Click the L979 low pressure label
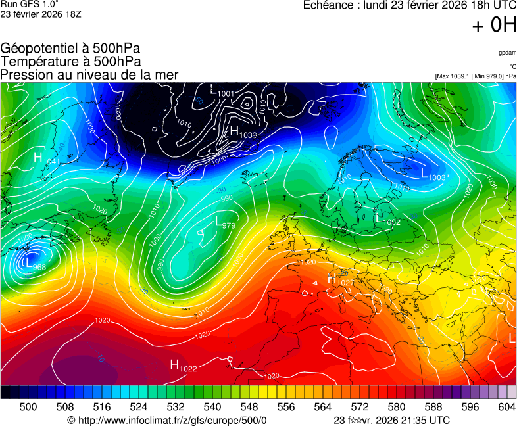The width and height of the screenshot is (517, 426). tap(224, 223)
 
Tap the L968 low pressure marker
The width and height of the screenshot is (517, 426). tap(34, 264)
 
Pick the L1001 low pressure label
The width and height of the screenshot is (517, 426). tap(222, 92)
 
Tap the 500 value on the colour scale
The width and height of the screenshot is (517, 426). tap(28, 407)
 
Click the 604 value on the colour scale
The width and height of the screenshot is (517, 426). tap(506, 407)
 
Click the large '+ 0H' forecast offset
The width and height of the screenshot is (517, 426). tap(494, 25)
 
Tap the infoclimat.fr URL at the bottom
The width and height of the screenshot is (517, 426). tap(167, 420)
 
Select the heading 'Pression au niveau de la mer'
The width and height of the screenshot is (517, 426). tap(89, 74)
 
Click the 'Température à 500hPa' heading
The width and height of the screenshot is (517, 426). tap(70, 61)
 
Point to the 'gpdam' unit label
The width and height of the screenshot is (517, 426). tap(506, 53)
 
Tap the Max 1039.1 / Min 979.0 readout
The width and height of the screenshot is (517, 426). tap(475, 76)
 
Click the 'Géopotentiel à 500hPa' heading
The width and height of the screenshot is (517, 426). tap(70, 48)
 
